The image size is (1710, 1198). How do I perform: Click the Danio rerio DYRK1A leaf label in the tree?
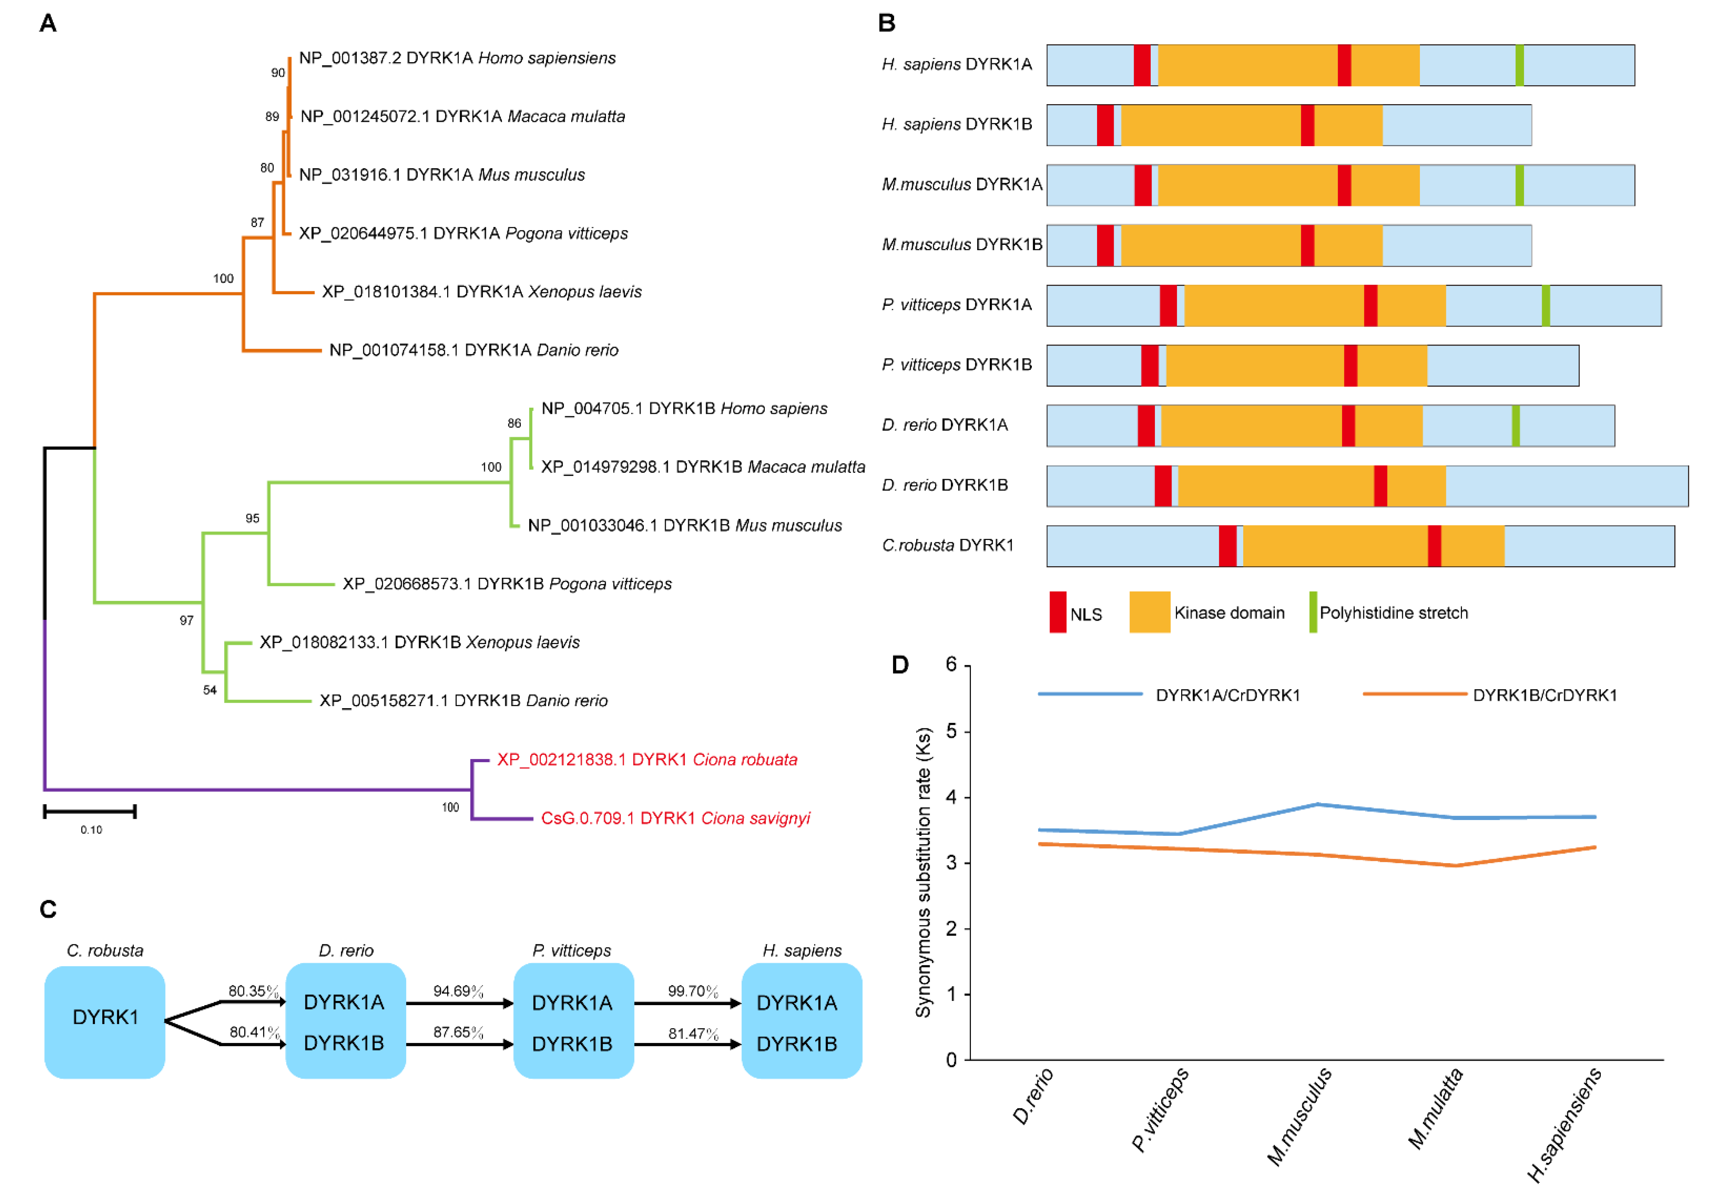pyautogui.click(x=474, y=350)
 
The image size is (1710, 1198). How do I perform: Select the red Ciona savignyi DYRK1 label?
pyautogui.click(x=675, y=818)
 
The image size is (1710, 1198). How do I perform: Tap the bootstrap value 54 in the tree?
pyautogui.click(x=210, y=690)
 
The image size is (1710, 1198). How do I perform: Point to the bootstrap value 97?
pyautogui.click(x=186, y=620)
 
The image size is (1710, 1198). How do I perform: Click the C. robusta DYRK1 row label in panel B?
pyautogui.click(x=947, y=545)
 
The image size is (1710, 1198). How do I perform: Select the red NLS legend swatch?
pyautogui.click(x=1058, y=612)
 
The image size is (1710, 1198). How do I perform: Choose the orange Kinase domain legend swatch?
pyautogui.click(x=1149, y=612)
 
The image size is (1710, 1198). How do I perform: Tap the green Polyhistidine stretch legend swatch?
pyautogui.click(x=1313, y=612)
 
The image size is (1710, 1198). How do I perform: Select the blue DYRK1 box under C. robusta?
pyautogui.click(x=105, y=1021)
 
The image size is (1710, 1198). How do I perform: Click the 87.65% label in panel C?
pyautogui.click(x=458, y=1032)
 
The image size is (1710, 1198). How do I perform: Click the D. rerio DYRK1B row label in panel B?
pyautogui.click(x=944, y=485)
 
